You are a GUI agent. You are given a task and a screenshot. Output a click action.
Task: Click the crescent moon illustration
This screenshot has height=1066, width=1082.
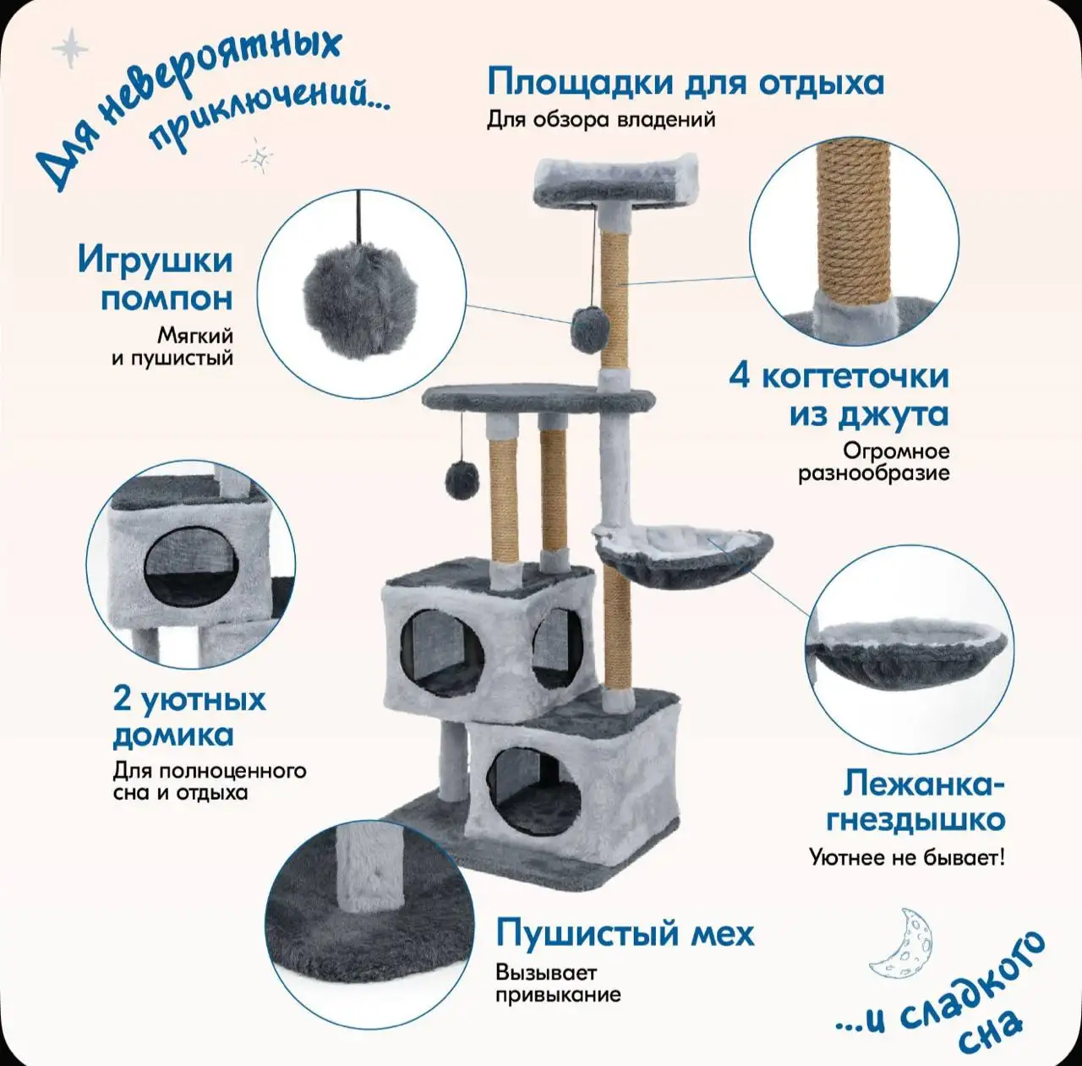pyautogui.click(x=903, y=942)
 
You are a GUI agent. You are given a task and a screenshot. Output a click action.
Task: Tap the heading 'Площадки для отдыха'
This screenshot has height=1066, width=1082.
pyautogui.click(x=685, y=83)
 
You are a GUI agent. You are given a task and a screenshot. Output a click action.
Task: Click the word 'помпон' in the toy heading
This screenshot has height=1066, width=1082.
pyautogui.click(x=167, y=298)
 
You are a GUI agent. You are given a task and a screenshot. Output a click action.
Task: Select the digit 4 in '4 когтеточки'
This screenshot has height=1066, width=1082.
pyautogui.click(x=740, y=375)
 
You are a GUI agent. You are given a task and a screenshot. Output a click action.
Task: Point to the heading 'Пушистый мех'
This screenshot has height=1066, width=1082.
pyautogui.click(x=625, y=933)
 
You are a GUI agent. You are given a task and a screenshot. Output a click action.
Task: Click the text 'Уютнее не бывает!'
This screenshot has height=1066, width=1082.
pyautogui.click(x=906, y=857)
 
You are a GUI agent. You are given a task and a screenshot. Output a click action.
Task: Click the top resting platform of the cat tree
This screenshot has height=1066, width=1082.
pyautogui.click(x=615, y=181)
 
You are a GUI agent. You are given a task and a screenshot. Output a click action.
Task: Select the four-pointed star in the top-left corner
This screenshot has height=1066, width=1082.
pyautogui.click(x=70, y=48)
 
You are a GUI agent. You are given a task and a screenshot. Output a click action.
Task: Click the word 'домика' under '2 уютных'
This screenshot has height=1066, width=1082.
pyautogui.click(x=172, y=735)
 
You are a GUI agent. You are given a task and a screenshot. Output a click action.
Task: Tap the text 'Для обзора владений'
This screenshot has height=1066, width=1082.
pyautogui.click(x=600, y=119)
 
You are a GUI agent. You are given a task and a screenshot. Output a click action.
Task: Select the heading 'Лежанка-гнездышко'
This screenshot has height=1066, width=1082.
pyautogui.click(x=916, y=801)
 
